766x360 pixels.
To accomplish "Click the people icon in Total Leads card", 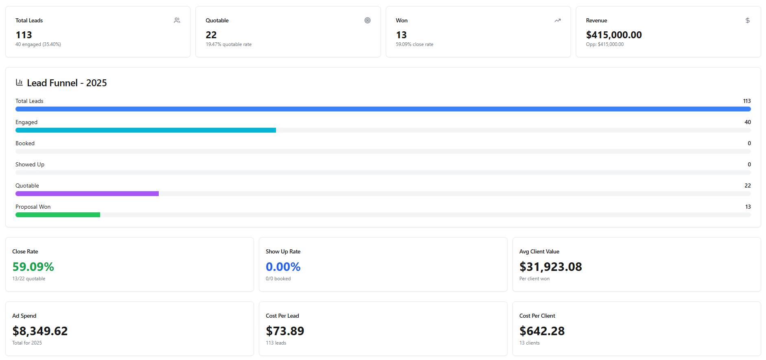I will [177, 20].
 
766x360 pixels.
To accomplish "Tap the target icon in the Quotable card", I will [368, 20].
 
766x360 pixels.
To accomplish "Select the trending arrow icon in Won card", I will [558, 20].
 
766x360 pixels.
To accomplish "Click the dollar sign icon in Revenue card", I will [748, 20].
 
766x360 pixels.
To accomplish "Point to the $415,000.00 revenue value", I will [614, 35].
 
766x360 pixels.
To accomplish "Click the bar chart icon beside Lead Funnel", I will [19, 83].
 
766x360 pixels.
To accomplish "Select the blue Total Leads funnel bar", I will [383, 109].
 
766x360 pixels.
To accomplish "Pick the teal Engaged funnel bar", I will [146, 130].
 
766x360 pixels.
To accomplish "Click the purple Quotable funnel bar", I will [87, 194].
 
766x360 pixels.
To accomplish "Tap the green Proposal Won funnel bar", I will [58, 215].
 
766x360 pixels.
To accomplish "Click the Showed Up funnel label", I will [30, 164].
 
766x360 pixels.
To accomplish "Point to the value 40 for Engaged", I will [748, 122].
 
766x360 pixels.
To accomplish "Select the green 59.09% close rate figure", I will [33, 267].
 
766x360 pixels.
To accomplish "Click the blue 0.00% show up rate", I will [283, 267].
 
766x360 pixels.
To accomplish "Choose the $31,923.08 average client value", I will [551, 267].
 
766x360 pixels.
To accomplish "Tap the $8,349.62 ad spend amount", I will [40, 331].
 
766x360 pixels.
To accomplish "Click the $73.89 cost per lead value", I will [285, 331].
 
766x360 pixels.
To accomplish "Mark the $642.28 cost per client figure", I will [542, 331].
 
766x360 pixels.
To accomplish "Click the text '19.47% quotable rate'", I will [228, 44].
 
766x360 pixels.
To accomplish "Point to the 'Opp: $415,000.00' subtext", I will [605, 44].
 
